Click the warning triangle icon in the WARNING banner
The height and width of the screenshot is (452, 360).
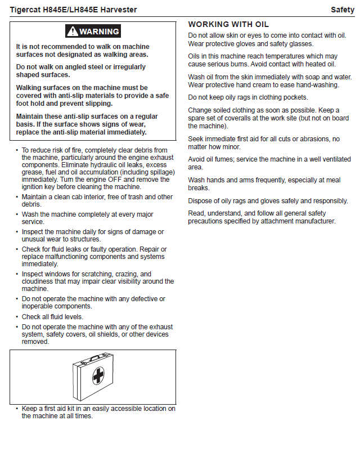(x=73, y=32)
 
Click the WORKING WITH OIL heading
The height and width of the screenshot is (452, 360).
(x=228, y=24)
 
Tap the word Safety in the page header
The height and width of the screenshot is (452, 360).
(x=342, y=10)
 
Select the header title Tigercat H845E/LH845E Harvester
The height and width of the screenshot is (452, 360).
(x=73, y=10)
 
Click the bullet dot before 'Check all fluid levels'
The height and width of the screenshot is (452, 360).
(x=17, y=317)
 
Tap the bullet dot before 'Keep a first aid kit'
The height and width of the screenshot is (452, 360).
(x=17, y=409)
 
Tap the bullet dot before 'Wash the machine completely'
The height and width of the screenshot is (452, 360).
(x=17, y=214)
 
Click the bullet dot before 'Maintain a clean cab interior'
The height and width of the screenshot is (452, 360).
(x=17, y=197)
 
